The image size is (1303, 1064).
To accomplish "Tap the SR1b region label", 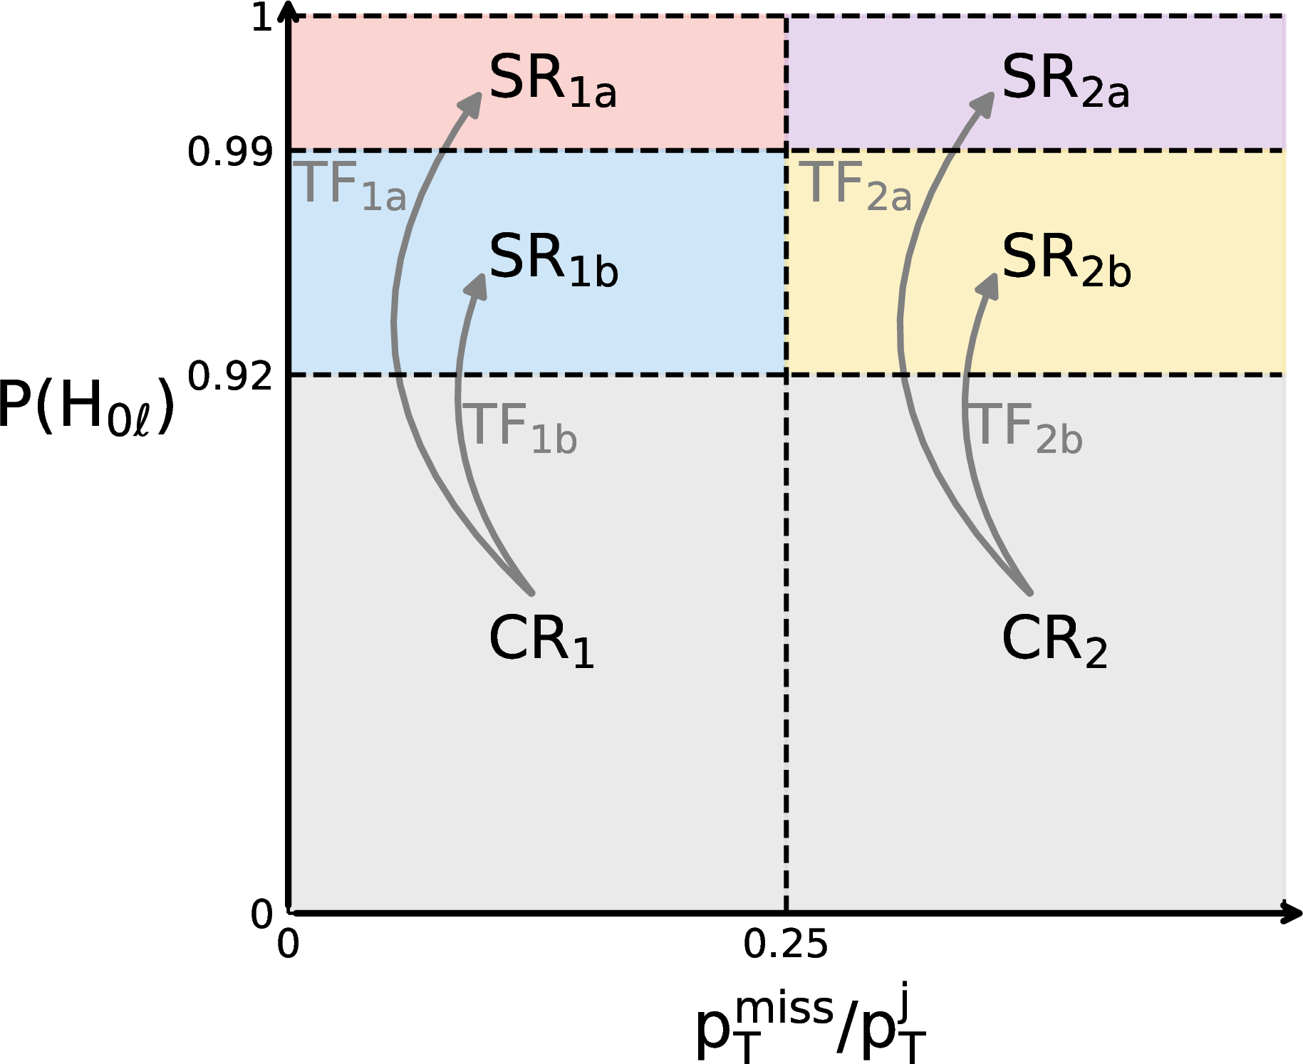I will (553, 261).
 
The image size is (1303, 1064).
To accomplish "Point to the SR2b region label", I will (1066, 261).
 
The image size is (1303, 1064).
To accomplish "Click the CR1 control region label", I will (541, 641).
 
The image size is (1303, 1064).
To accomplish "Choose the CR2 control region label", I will (1054, 641).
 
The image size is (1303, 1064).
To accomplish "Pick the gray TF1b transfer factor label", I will (521, 428).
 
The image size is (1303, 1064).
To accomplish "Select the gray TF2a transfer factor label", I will (858, 186).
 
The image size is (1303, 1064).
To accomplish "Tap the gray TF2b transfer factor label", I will (1027, 428).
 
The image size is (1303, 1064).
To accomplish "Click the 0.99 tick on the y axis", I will (229, 152).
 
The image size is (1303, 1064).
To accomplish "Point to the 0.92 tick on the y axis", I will (229, 376).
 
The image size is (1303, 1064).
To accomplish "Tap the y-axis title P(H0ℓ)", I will (85, 406).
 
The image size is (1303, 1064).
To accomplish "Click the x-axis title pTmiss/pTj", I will (810, 1024).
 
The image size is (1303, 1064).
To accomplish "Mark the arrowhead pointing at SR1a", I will (472, 103).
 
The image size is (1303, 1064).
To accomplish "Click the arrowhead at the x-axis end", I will (1292, 912).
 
